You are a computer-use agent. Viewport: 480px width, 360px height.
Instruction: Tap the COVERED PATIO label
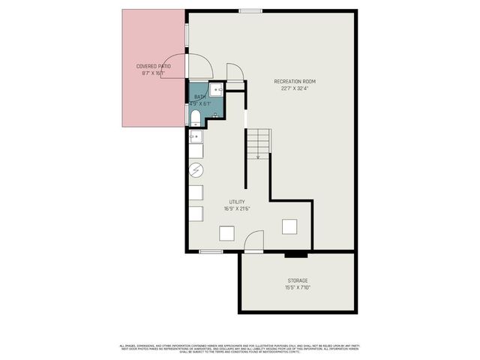click(153, 67)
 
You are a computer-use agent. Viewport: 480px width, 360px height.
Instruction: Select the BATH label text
click(199, 97)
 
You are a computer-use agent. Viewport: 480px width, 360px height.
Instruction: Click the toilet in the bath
click(194, 116)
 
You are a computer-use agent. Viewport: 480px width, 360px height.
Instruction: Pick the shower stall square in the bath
click(217, 90)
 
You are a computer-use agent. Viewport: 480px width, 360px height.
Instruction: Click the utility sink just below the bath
click(195, 136)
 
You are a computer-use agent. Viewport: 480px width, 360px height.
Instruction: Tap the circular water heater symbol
click(196, 170)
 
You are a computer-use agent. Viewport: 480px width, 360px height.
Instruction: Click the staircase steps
click(257, 140)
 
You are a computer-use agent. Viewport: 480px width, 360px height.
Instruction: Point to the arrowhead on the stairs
click(258, 157)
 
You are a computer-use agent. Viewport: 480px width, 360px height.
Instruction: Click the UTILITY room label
click(238, 202)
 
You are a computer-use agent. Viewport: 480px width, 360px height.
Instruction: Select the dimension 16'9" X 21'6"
click(238, 209)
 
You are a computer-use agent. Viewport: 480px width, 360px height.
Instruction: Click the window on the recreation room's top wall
click(250, 10)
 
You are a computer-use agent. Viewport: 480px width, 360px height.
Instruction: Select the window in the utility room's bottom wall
click(211, 251)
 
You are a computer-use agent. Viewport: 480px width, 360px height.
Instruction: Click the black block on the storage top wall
click(291, 254)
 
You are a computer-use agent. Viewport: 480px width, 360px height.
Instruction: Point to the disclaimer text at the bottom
click(240, 348)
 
